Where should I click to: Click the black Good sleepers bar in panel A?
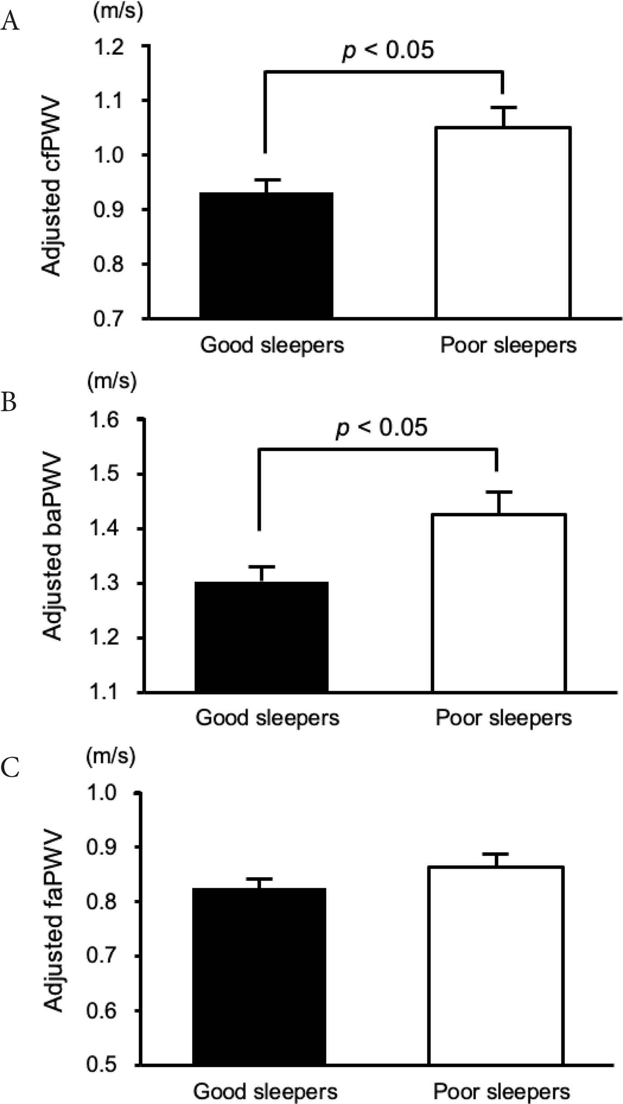click(266, 255)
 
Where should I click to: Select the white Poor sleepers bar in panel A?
click(503, 222)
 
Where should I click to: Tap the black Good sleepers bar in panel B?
click(261, 636)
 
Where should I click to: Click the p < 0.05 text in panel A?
click(388, 49)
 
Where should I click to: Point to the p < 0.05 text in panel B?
click(381, 427)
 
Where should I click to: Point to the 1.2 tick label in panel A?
click(109, 47)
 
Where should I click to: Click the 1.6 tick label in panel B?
click(104, 420)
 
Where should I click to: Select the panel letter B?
click(9, 402)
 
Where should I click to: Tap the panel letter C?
click(10, 767)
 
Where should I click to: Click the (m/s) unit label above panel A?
click(118, 11)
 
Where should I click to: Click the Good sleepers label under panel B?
click(267, 718)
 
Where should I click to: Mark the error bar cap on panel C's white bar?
click(496, 853)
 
